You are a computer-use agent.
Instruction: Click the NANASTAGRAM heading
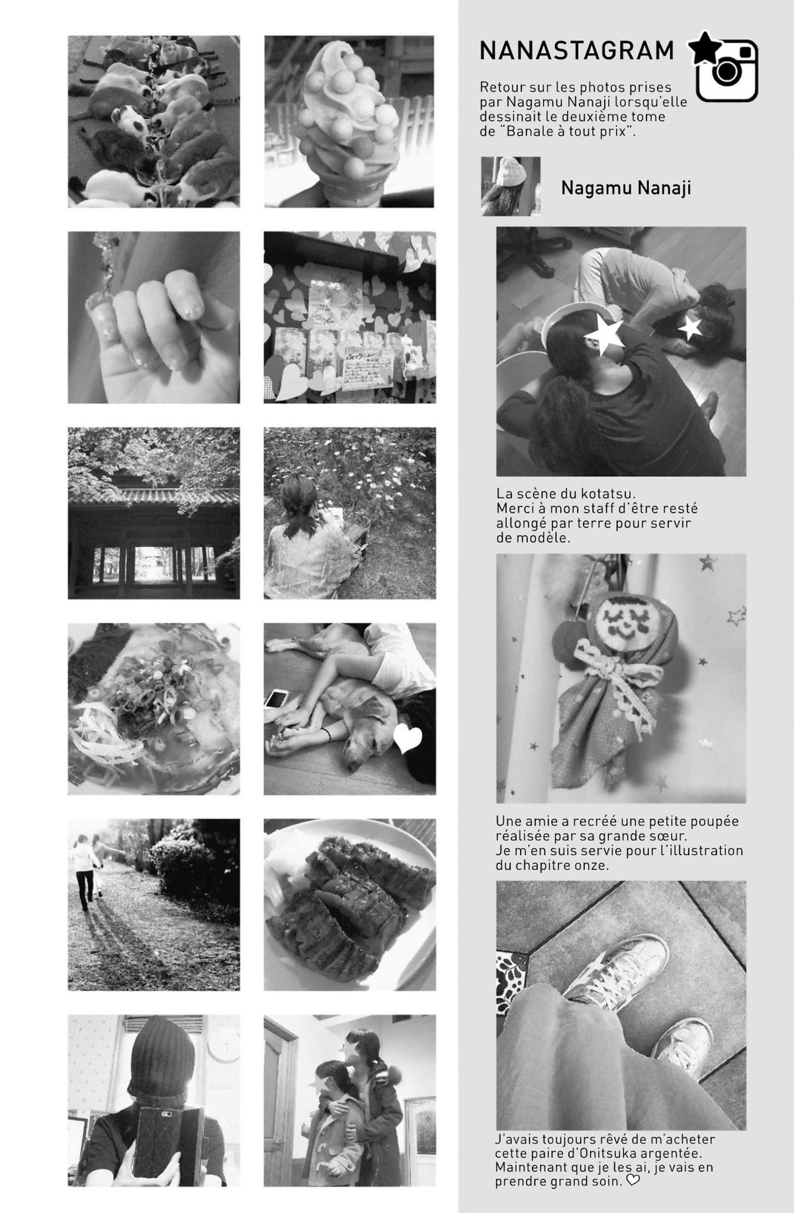576,51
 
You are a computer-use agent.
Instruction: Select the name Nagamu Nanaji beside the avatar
626,188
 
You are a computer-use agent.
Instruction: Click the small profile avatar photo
511,186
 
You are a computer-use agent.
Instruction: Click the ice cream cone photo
350,122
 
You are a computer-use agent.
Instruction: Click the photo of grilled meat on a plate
350,905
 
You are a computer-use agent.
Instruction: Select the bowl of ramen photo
154,709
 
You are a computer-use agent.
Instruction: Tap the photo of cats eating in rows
154,122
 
